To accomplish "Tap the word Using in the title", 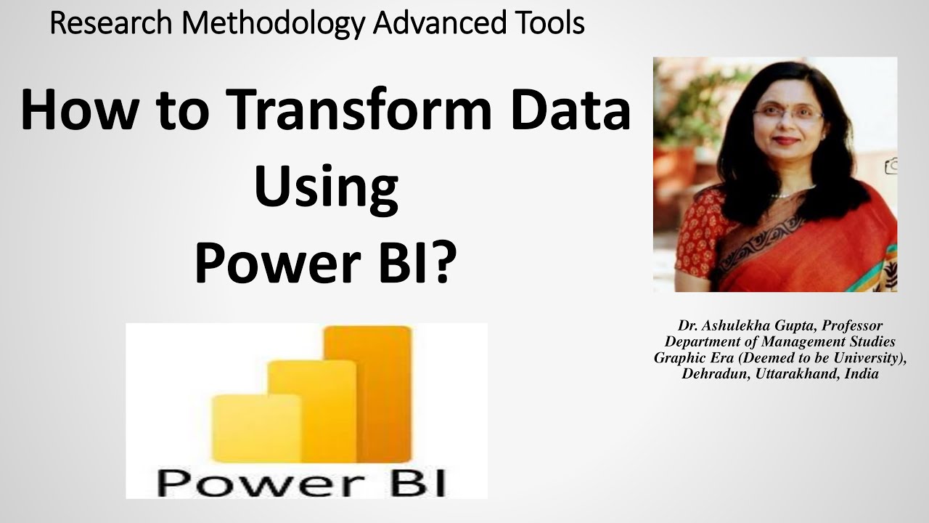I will [x=326, y=187].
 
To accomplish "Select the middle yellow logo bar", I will [x=312, y=410].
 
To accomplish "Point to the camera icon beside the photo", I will [x=892, y=166].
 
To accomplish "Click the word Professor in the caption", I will [x=853, y=326].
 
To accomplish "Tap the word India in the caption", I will [x=862, y=375].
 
